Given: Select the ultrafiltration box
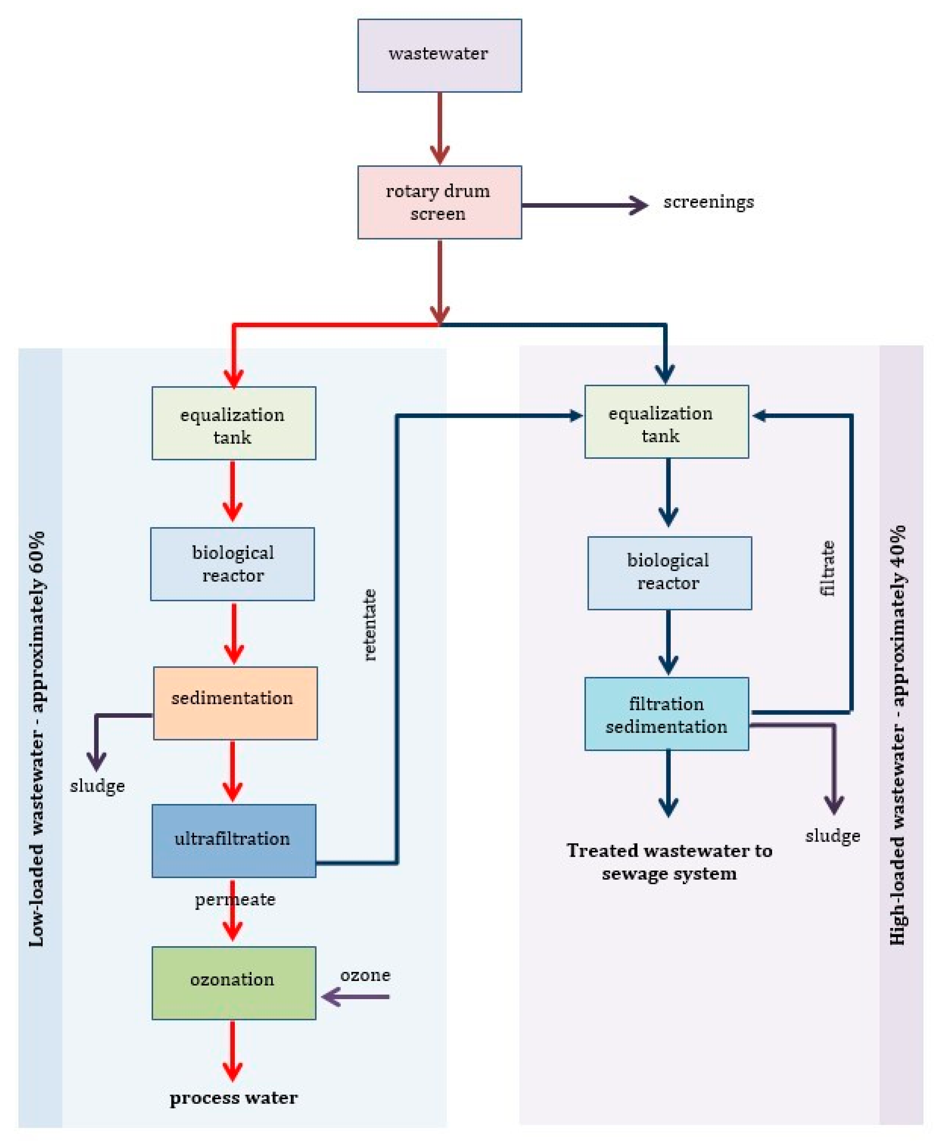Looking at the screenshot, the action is pyautogui.click(x=234, y=840).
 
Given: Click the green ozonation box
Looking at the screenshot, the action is pyautogui.click(x=234, y=983).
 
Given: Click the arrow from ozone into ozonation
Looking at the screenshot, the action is pyautogui.click(x=355, y=996).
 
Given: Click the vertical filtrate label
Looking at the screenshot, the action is pyautogui.click(x=827, y=568).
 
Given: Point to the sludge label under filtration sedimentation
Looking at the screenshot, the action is pyautogui.click(x=832, y=836).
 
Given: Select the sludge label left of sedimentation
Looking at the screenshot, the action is pyautogui.click(x=97, y=786).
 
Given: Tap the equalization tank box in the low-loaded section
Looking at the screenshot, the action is pyautogui.click(x=234, y=423).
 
